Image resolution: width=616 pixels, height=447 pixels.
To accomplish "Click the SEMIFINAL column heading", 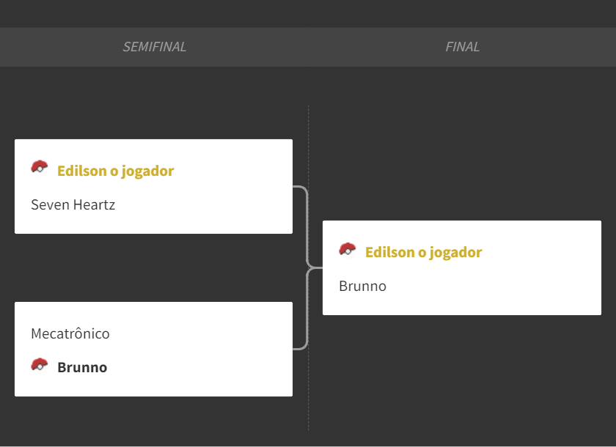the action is [155, 47].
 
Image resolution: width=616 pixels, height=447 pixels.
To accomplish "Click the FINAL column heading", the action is [462, 47].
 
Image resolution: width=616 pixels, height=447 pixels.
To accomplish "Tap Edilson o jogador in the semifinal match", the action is [116, 171].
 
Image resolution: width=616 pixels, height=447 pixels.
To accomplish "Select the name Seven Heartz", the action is [73, 205].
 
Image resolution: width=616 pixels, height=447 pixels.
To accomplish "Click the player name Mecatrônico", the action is [70, 333].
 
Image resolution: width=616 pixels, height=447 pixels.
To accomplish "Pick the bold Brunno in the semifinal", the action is [82, 367].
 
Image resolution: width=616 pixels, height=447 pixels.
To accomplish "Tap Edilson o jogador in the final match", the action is [424, 252].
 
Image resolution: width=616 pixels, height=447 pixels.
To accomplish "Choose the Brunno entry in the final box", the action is [362, 286].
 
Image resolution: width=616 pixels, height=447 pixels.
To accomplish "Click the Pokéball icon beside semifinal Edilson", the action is [40, 167].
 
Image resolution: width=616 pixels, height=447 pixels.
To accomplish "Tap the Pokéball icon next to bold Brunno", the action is [40, 365].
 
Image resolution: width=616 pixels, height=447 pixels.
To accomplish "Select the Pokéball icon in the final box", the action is [348, 249].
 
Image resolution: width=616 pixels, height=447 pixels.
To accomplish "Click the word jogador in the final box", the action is [455, 253].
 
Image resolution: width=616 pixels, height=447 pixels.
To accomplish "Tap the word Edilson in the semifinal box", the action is [81, 171].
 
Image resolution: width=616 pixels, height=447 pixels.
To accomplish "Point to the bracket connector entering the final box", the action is [315, 268].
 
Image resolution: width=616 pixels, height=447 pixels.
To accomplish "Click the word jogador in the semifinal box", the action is [147, 172].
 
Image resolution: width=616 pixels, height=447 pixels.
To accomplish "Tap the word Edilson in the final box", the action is [389, 252].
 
